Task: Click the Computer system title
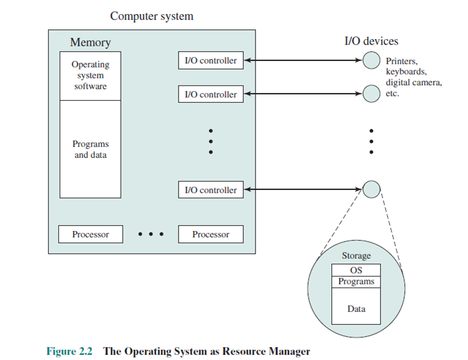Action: coord(152,16)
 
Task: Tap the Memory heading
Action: coord(91,42)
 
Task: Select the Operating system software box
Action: coord(91,76)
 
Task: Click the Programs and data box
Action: coord(91,149)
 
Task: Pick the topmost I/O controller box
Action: coord(211,60)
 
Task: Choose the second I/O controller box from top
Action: coord(211,94)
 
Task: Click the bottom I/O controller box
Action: coord(211,190)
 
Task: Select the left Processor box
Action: coord(91,234)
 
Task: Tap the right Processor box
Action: coord(211,234)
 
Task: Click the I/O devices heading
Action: coord(371,41)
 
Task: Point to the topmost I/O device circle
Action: coord(371,60)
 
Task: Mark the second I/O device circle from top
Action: coord(371,94)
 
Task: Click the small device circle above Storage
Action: coord(371,189)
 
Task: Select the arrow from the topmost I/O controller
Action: coord(303,60)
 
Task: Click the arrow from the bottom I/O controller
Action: coord(303,189)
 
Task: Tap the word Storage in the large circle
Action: coord(356,256)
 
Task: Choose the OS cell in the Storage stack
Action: coord(356,270)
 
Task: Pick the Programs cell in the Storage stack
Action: coord(356,282)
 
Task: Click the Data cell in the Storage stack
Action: coord(356,306)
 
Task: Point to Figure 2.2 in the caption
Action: coord(69,352)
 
